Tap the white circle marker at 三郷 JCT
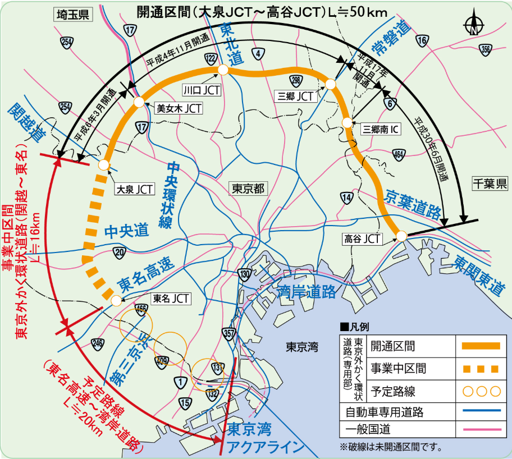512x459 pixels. tap(330, 85)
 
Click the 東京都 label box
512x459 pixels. tap(248, 189)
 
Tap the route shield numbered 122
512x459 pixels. tap(211, 59)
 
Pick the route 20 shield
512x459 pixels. tap(118, 253)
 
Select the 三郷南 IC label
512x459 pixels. tap(381, 129)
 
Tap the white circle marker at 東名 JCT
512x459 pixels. tap(116, 301)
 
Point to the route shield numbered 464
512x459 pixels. tap(399, 154)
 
